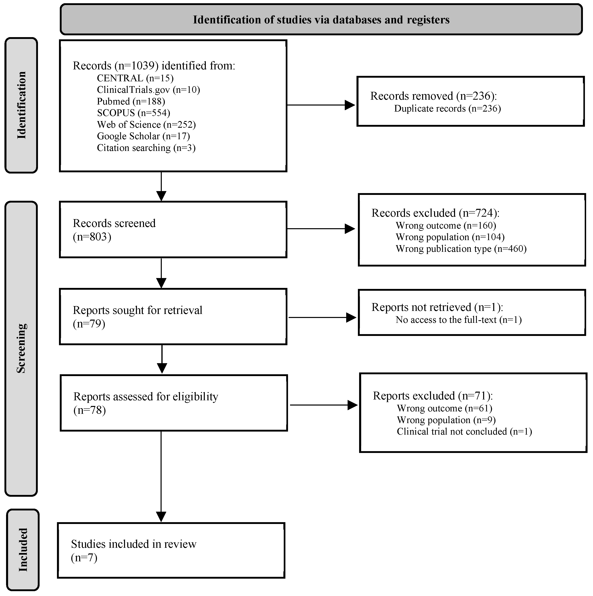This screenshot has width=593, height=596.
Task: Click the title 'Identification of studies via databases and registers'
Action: [321, 20]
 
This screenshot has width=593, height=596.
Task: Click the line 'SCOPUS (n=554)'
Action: [134, 113]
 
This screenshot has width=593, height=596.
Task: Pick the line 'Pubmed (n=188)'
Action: [131, 101]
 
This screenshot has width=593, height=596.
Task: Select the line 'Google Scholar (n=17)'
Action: [143, 136]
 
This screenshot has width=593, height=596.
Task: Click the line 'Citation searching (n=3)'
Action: [146, 148]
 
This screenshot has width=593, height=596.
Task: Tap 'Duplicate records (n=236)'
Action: [447, 109]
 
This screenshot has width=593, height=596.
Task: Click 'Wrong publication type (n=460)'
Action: [461, 249]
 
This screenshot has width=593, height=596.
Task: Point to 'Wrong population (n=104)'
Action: [450, 237]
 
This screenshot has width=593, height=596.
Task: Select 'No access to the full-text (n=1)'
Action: [458, 320]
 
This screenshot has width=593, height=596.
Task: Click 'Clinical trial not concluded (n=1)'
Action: [464, 431]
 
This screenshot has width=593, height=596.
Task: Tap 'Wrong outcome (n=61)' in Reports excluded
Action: [444, 408]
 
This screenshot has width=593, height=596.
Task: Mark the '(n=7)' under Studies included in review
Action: [84, 557]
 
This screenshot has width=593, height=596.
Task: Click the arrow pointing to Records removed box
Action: [321, 105]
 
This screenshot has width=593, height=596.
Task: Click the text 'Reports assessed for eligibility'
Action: [145, 396]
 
